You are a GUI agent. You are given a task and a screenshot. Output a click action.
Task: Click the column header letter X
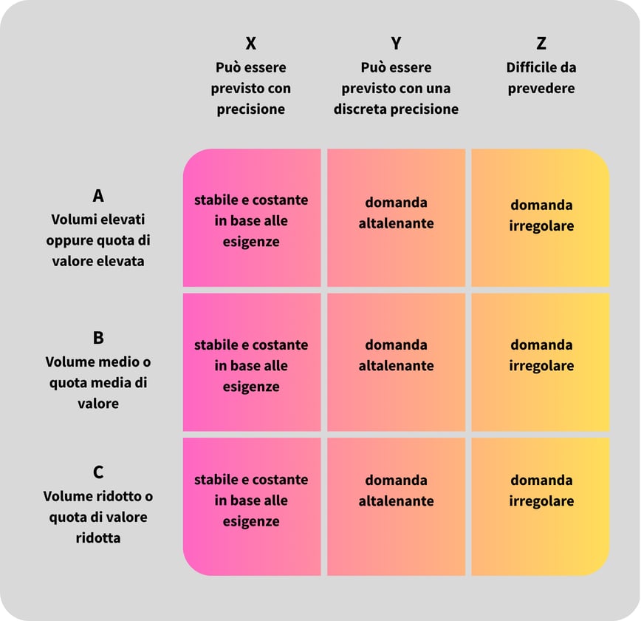click(251, 43)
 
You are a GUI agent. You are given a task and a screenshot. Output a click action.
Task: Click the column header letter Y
click(396, 43)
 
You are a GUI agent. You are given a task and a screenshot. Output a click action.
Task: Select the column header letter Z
click(541, 43)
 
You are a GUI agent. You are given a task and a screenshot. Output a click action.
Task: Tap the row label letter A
click(98, 196)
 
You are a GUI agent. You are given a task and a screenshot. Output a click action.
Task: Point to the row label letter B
click(98, 338)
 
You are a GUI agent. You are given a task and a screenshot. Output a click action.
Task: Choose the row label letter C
click(98, 472)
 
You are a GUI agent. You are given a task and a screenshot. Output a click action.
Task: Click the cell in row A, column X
click(252, 218)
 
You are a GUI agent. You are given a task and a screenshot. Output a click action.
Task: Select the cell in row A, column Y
click(396, 218)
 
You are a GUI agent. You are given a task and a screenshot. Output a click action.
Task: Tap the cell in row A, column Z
click(541, 218)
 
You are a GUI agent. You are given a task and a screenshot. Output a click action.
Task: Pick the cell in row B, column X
click(252, 362)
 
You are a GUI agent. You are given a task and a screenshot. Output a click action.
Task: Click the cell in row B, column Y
click(396, 362)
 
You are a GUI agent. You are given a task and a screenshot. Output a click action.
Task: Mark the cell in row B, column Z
click(541, 362)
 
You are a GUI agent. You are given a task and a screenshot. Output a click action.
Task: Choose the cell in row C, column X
click(252, 507)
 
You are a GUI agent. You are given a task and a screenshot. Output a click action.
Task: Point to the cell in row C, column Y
click(396, 507)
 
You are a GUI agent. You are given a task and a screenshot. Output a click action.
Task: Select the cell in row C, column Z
click(541, 507)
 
